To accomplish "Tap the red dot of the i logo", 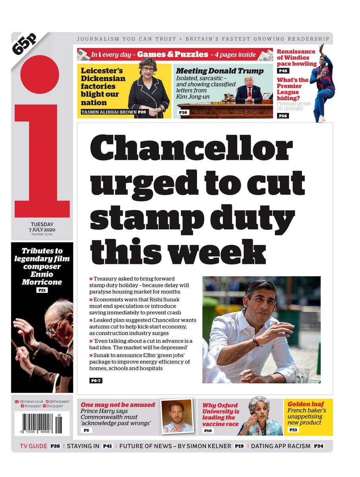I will coord(39,75).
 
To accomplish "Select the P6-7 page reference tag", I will coord(95,381).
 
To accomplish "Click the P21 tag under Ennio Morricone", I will coord(42,291).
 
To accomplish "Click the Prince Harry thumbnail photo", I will coord(177,416).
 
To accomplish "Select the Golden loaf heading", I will coord(305,404).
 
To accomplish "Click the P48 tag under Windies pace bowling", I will coord(283,71).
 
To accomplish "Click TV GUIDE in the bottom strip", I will coord(34,446).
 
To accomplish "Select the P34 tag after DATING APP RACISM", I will coord(318,446).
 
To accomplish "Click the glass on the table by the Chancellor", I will coord(302,375).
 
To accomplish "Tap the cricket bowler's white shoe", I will coord(321,119).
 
